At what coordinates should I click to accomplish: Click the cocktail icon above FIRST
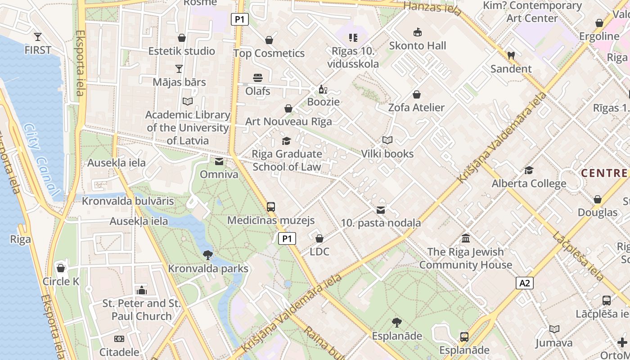coord(38,36)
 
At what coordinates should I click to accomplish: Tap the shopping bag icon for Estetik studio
coord(182,38)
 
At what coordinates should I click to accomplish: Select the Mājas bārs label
coord(179,82)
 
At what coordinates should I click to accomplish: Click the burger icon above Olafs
coord(258,78)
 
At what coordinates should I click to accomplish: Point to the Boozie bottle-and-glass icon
coord(323,89)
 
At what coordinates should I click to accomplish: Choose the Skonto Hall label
coord(417,45)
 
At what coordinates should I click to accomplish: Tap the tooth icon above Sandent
coord(511,56)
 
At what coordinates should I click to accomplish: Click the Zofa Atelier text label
coord(416,108)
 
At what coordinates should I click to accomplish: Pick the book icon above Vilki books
coord(387,140)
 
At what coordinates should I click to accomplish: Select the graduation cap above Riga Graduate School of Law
coord(287,141)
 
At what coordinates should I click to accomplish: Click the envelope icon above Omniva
coord(219,162)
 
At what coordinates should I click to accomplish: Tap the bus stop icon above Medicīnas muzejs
coord(271,207)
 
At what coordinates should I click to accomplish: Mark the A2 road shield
coord(525,283)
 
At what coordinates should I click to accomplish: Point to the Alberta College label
coord(529,184)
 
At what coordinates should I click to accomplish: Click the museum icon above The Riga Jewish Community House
coord(466,238)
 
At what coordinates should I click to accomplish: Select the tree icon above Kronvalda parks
coord(208,255)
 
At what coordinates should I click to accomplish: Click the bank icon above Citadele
coord(119,339)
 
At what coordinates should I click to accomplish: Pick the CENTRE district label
coord(604,173)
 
